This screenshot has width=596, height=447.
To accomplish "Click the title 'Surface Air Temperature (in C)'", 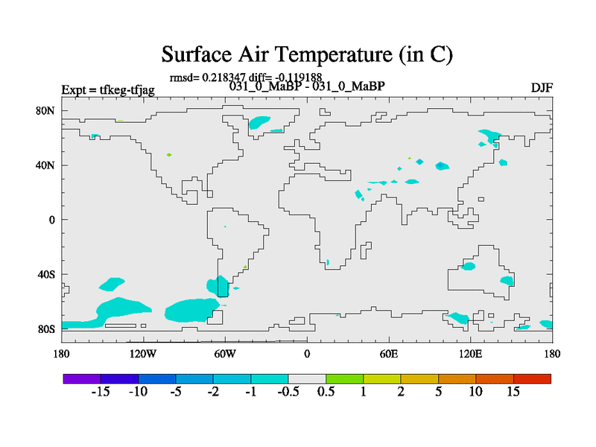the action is [x=307, y=54].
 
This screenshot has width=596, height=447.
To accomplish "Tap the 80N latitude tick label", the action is [x=45, y=110].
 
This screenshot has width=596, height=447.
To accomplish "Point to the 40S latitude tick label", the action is [x=46, y=274].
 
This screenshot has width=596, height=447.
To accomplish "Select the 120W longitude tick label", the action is [x=143, y=354].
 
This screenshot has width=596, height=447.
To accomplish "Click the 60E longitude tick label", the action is [x=389, y=354].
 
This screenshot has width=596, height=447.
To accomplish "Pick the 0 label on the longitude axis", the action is [x=307, y=354].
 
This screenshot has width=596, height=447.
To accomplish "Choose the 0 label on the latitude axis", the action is [x=51, y=220].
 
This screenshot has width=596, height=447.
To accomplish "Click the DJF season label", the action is [x=542, y=88].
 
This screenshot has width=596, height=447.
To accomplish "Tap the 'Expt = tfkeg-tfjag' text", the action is [x=108, y=90].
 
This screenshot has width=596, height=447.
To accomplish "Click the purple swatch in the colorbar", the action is [x=82, y=378].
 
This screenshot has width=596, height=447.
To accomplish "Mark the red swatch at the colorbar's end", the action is [x=532, y=378].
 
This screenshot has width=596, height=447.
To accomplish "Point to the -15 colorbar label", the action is [x=101, y=392].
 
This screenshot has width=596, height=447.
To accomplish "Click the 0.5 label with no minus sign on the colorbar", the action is [x=326, y=392].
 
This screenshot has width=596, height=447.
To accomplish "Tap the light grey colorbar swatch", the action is [x=307, y=378].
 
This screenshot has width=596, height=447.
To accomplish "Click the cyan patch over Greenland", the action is [x=259, y=122].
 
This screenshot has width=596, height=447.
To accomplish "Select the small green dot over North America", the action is [x=169, y=155].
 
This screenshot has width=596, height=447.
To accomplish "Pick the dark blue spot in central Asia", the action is [x=440, y=165].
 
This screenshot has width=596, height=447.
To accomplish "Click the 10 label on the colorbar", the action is [x=475, y=392].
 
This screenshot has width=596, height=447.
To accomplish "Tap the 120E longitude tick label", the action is [x=471, y=354].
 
